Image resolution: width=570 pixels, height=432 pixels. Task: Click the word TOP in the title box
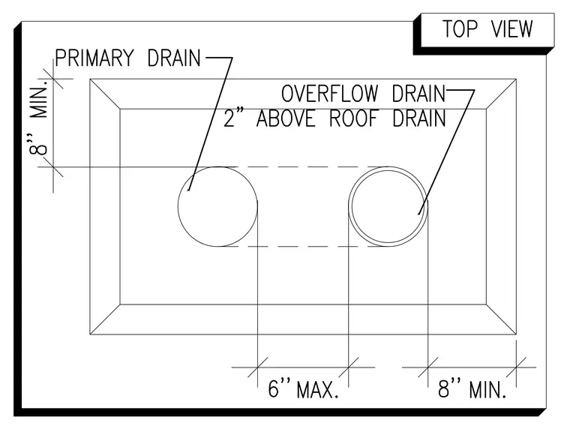[x=460, y=29]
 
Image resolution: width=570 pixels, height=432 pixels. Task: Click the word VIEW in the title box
[x=511, y=29]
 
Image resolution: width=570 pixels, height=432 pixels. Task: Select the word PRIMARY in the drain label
[x=94, y=58]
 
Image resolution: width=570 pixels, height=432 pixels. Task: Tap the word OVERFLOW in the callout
[x=330, y=94]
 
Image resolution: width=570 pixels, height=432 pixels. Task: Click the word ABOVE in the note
[x=286, y=118]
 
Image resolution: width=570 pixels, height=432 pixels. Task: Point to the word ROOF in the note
[x=354, y=118]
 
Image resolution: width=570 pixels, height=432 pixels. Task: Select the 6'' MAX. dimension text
[x=303, y=389]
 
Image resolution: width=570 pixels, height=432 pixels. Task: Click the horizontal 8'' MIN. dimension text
[x=472, y=389]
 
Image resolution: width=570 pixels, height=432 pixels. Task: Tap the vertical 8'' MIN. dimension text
[x=39, y=118]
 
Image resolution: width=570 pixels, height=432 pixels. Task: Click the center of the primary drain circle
[x=217, y=206]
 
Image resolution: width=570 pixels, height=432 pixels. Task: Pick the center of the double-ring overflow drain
[x=388, y=206]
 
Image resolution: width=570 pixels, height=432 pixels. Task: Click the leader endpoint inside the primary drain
[x=188, y=190]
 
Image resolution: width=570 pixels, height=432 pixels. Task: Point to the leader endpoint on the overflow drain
[x=418, y=214]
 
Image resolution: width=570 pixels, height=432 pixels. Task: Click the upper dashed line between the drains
[x=303, y=167]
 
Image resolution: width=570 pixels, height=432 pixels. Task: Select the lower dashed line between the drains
[x=303, y=247]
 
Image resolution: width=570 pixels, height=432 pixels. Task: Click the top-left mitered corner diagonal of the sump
[x=105, y=94]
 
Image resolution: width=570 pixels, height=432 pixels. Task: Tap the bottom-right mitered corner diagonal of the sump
[x=501, y=319]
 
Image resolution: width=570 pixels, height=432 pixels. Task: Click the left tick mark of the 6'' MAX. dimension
[x=258, y=367]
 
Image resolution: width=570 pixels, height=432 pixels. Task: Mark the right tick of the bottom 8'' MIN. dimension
[x=516, y=367]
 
